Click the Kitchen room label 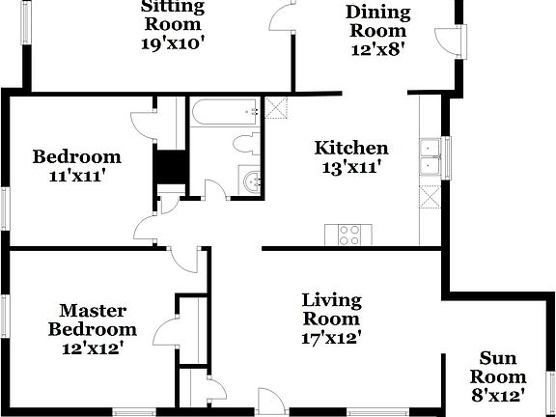pos(351,148)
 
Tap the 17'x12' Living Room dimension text pos(331,339)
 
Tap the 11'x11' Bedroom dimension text pos(76,176)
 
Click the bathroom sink pos(254,180)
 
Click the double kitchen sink pos(430,157)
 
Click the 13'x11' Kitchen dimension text pos(351,166)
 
